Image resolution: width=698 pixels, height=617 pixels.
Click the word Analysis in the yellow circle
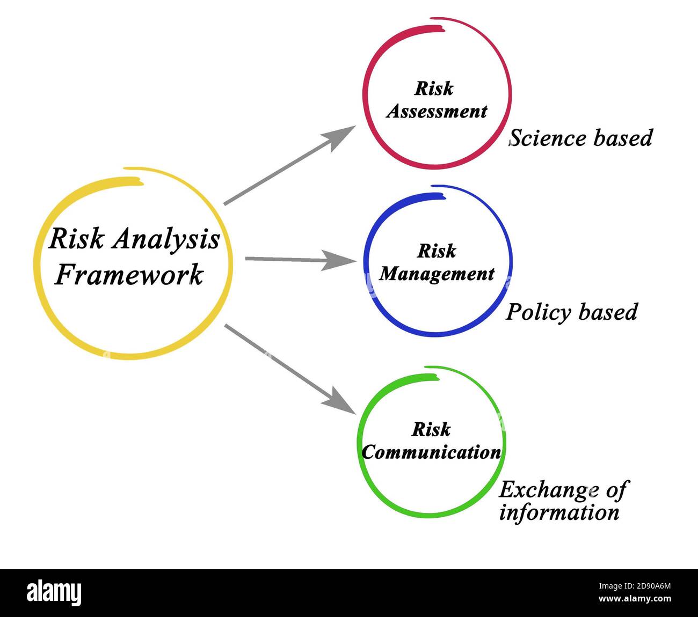(166, 239)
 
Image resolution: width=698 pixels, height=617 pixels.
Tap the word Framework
(129, 275)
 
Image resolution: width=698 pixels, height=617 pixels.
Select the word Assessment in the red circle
(437, 112)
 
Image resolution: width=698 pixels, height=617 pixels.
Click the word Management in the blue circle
(437, 274)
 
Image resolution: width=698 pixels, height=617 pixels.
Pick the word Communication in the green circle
(432, 452)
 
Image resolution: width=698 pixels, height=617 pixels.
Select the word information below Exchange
(559, 512)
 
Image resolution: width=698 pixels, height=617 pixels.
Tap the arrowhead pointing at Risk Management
(341, 261)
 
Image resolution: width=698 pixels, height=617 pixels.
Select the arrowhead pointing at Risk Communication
(340, 402)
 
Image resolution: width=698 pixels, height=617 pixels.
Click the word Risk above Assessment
(434, 89)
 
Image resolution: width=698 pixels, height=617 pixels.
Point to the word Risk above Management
(437, 251)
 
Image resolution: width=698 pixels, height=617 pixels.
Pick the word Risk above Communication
(431, 430)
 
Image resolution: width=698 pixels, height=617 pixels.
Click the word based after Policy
(611, 312)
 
